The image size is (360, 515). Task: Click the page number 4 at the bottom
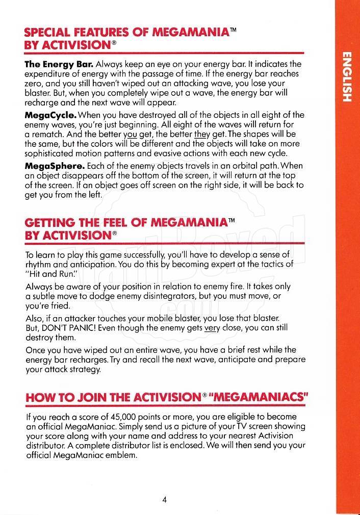(165, 499)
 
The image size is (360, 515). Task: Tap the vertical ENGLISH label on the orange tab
(347, 76)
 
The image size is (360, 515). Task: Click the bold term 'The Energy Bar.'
(59, 64)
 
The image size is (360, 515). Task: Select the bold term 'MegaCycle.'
(50, 115)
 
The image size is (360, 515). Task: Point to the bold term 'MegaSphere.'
(55, 166)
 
